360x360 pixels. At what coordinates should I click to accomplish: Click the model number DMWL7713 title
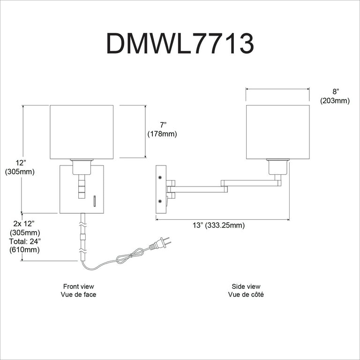[180, 44]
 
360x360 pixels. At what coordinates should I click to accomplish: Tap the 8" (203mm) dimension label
[335, 97]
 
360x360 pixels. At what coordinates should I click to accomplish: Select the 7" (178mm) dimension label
[163, 129]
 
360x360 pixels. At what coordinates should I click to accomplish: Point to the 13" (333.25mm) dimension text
[218, 225]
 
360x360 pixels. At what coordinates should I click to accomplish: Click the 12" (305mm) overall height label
[19, 167]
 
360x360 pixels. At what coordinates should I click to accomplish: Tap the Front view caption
[78, 286]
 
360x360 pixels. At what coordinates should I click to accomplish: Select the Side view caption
[246, 286]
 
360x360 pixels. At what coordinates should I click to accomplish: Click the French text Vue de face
[78, 294]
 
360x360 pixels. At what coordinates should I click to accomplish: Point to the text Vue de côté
[246, 294]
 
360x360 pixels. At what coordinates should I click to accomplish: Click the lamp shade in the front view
[82, 132]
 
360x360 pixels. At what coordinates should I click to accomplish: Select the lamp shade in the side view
[278, 132]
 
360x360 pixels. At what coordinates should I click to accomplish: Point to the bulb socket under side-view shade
[277, 167]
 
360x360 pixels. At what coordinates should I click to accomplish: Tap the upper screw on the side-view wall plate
[160, 177]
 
